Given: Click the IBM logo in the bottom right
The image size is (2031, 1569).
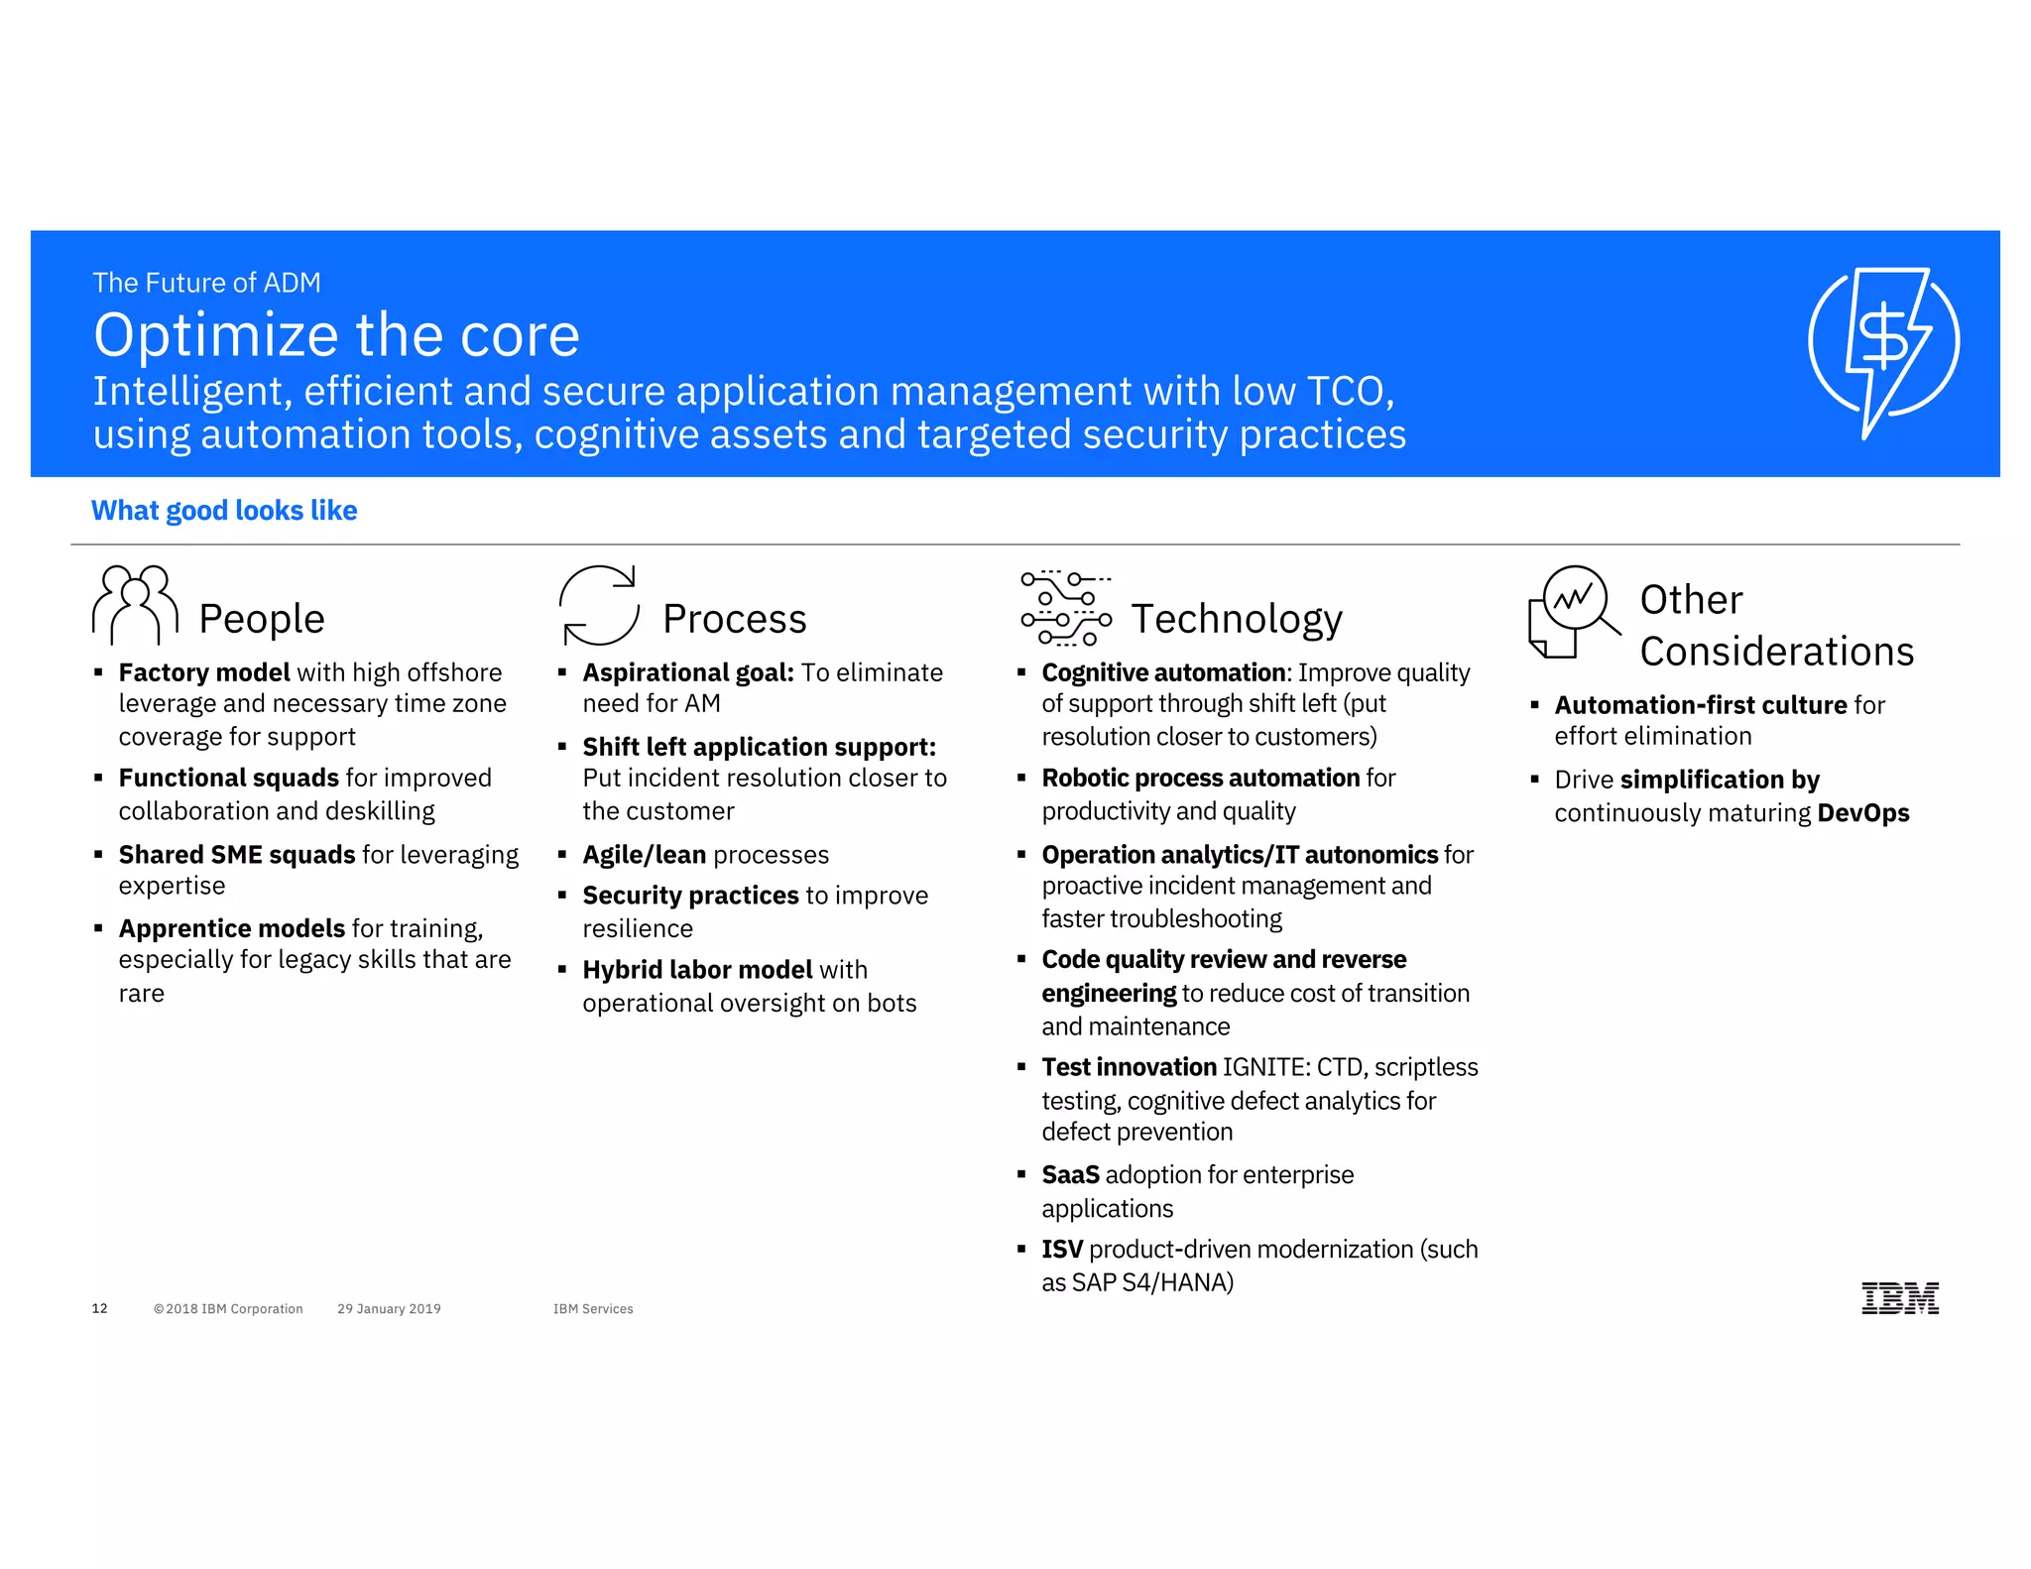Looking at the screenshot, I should [x=1899, y=1297].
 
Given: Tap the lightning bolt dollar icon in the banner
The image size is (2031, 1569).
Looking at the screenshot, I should [x=1883, y=343].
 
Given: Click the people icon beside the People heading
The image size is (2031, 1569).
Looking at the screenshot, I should [x=136, y=604].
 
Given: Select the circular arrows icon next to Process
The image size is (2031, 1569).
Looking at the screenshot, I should [x=598, y=605].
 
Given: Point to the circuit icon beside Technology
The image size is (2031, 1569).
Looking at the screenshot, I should [x=1065, y=608].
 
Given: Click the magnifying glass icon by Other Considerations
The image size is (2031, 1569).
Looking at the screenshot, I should [x=1574, y=609].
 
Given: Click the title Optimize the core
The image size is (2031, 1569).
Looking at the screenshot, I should [x=336, y=335].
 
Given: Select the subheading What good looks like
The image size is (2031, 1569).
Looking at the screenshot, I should [x=224, y=510].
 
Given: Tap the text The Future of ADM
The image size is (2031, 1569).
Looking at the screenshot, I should [x=206, y=283].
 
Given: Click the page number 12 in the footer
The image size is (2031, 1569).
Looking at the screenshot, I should [x=99, y=1308].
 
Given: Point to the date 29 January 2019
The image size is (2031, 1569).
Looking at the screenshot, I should [x=389, y=1309].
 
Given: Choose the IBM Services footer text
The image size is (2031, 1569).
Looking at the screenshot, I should [x=593, y=1309].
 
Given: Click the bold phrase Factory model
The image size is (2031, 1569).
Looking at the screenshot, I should [x=204, y=672].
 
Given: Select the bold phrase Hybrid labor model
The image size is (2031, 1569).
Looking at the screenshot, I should [x=697, y=969].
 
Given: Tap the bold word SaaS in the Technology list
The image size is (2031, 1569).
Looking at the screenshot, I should [x=1070, y=1174].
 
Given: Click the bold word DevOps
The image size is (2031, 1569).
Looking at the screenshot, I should [x=1862, y=813].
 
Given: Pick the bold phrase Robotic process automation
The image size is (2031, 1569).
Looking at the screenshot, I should [x=1200, y=778].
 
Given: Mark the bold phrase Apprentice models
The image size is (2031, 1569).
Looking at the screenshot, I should [x=231, y=928].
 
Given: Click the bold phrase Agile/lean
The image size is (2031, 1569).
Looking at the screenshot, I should [x=645, y=855].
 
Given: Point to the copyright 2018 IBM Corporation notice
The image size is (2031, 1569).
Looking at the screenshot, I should [x=228, y=1309].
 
